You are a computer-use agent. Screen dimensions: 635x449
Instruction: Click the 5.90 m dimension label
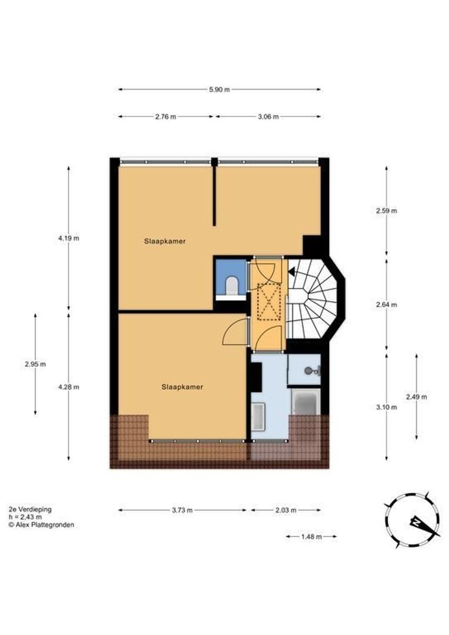(x=219, y=89)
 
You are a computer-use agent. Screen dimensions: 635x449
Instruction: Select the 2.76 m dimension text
(x=166, y=116)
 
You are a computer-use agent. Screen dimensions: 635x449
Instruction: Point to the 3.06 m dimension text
(x=268, y=116)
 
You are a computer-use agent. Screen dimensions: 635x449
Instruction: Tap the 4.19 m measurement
(x=68, y=238)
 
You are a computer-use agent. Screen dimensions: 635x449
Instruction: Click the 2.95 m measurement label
(x=35, y=364)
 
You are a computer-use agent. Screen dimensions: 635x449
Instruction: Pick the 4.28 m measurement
(x=68, y=387)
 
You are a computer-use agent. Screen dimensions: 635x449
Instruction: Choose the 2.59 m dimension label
(x=386, y=210)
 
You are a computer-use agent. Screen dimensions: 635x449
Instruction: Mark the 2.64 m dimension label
(x=386, y=305)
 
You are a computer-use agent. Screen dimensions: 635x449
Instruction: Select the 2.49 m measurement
(x=416, y=397)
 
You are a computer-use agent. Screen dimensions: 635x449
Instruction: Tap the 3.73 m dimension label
(x=182, y=510)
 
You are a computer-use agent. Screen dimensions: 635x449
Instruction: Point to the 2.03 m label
(x=286, y=510)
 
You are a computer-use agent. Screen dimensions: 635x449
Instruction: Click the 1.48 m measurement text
(x=311, y=536)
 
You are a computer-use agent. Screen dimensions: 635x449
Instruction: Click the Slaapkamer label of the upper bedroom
(x=161, y=241)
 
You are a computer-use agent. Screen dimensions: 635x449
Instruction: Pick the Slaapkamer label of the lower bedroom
(x=182, y=387)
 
